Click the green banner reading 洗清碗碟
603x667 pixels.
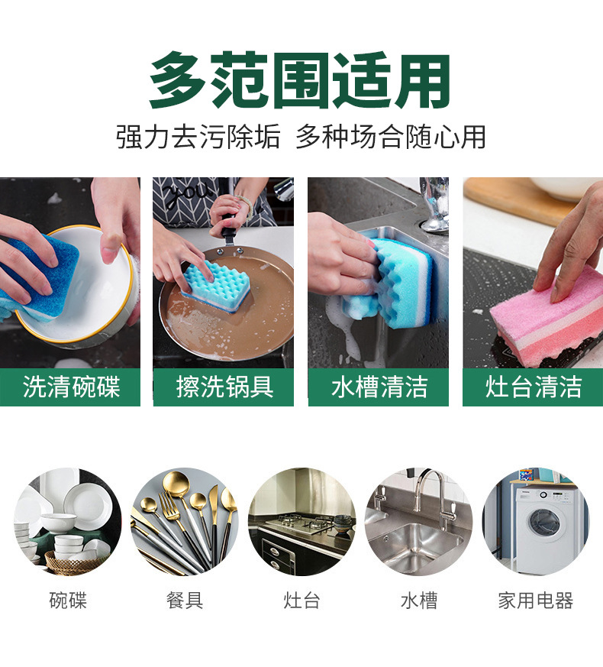coord(70,387)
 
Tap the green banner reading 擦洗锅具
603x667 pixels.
coord(224,387)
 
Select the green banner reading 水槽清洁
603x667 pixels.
coord(379,387)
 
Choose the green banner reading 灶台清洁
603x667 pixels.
coord(533,387)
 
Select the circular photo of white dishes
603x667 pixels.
coord(67,522)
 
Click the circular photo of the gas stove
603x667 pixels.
coord(301,522)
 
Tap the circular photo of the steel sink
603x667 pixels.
coord(418,522)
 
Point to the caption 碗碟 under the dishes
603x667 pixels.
coord(68,601)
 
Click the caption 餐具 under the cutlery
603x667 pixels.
coord(185,601)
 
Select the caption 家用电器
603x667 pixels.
coord(535,601)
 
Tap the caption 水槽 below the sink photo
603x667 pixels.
coord(418,601)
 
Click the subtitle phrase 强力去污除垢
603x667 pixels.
coord(198,138)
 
